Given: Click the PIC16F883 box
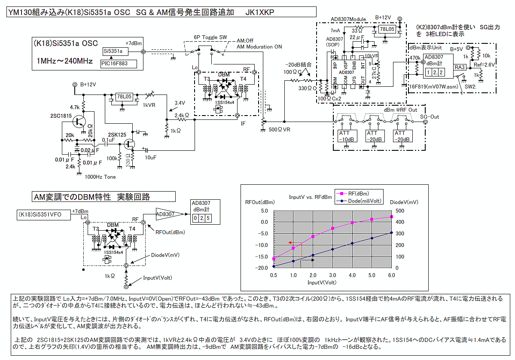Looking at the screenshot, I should click(118, 64).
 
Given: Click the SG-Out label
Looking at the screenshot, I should click(429, 117).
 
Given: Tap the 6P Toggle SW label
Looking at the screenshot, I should click(210, 37).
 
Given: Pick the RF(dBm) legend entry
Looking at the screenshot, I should click(357, 193).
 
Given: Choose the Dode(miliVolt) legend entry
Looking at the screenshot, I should click(363, 200).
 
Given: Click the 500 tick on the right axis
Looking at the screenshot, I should click(400, 211).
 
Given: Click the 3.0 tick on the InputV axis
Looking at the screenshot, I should click(332, 275).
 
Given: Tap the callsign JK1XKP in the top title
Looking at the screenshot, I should click(259, 12).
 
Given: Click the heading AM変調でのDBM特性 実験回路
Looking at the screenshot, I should click(104, 197).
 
